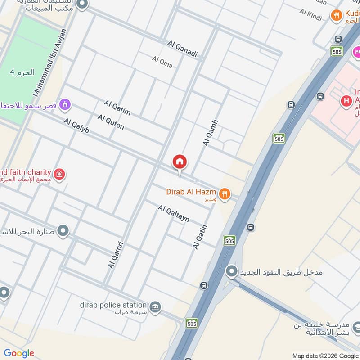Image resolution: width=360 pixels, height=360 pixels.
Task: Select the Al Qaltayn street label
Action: (x=173, y=213)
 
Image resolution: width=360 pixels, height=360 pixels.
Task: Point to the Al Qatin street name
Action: (x=199, y=237)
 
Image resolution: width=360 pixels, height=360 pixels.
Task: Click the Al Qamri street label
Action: (x=116, y=255)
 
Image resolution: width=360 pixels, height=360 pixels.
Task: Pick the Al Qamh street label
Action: (x=210, y=132)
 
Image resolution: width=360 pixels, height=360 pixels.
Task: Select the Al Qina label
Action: (x=162, y=62)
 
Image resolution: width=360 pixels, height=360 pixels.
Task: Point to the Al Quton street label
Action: (x=111, y=122)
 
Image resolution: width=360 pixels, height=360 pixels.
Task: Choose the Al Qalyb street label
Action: (x=76, y=126)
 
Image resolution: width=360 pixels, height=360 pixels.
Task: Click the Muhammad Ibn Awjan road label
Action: (x=49, y=62)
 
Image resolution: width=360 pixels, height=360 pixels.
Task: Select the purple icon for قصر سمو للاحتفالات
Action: (x=66, y=106)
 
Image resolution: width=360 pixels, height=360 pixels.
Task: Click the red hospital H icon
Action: (x=346, y=101)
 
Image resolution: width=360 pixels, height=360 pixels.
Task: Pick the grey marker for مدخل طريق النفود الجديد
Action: (x=232, y=271)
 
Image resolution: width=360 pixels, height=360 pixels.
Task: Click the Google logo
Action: (x=19, y=353)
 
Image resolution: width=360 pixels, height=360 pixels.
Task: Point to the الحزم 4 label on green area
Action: (x=22, y=72)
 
